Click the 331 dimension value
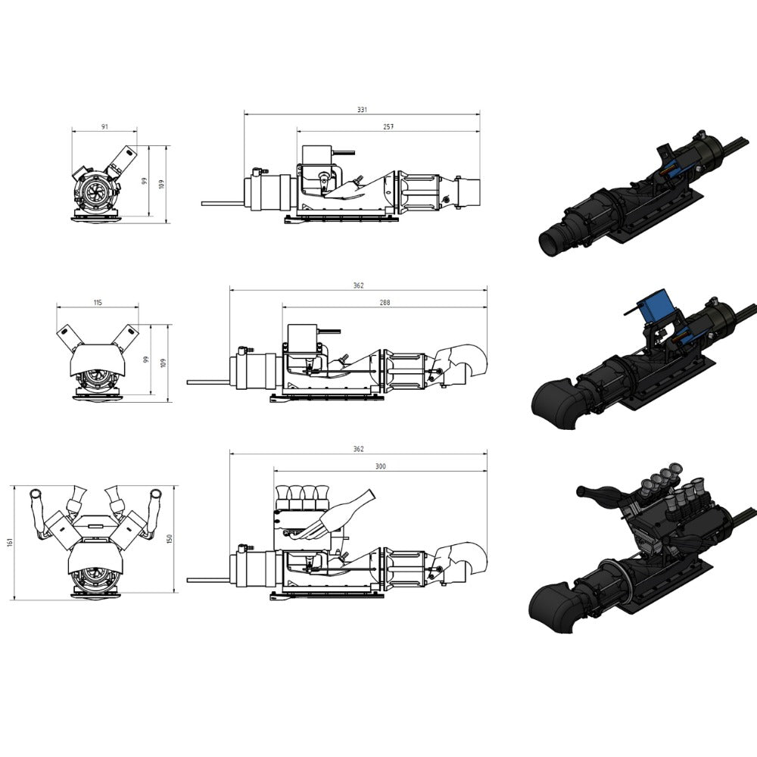pyautogui.click(x=362, y=110)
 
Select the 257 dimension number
pyautogui.click(x=388, y=127)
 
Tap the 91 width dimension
pyautogui.click(x=104, y=127)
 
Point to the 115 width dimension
pyautogui.click(x=98, y=303)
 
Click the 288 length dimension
pyautogui.click(x=385, y=303)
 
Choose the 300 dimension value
pyautogui.click(x=381, y=466)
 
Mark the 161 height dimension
pyautogui.click(x=10, y=543)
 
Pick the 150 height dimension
pyautogui.click(x=169, y=539)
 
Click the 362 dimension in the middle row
pyautogui.click(x=358, y=285)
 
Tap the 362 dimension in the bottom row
pyautogui.click(x=358, y=449)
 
